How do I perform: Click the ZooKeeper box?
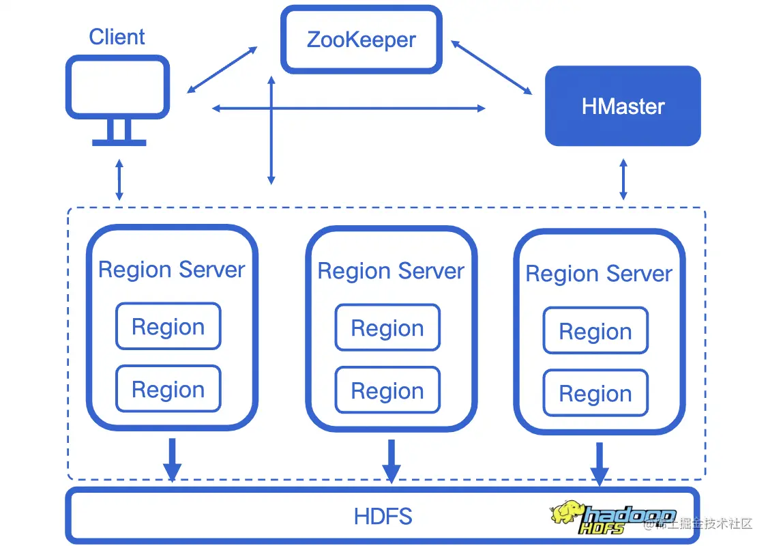(x=361, y=40)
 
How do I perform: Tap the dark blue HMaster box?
(x=623, y=106)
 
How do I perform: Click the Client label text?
(x=117, y=36)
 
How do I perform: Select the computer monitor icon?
(x=118, y=100)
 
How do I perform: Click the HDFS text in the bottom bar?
(x=383, y=516)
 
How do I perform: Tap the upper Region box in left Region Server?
(x=168, y=327)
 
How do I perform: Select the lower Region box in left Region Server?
(x=168, y=389)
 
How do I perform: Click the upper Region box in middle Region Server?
(x=387, y=328)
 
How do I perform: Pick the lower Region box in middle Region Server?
(x=387, y=390)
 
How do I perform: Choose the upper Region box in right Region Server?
(x=595, y=331)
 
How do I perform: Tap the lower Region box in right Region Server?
(x=595, y=393)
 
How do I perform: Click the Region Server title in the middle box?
(x=391, y=271)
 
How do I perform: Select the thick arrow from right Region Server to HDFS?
(x=600, y=464)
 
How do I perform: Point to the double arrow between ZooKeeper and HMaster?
(x=491, y=68)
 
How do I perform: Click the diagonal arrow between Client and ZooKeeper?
(x=222, y=70)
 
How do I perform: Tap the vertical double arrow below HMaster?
(x=623, y=179)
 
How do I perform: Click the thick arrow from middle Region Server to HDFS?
(x=391, y=461)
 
